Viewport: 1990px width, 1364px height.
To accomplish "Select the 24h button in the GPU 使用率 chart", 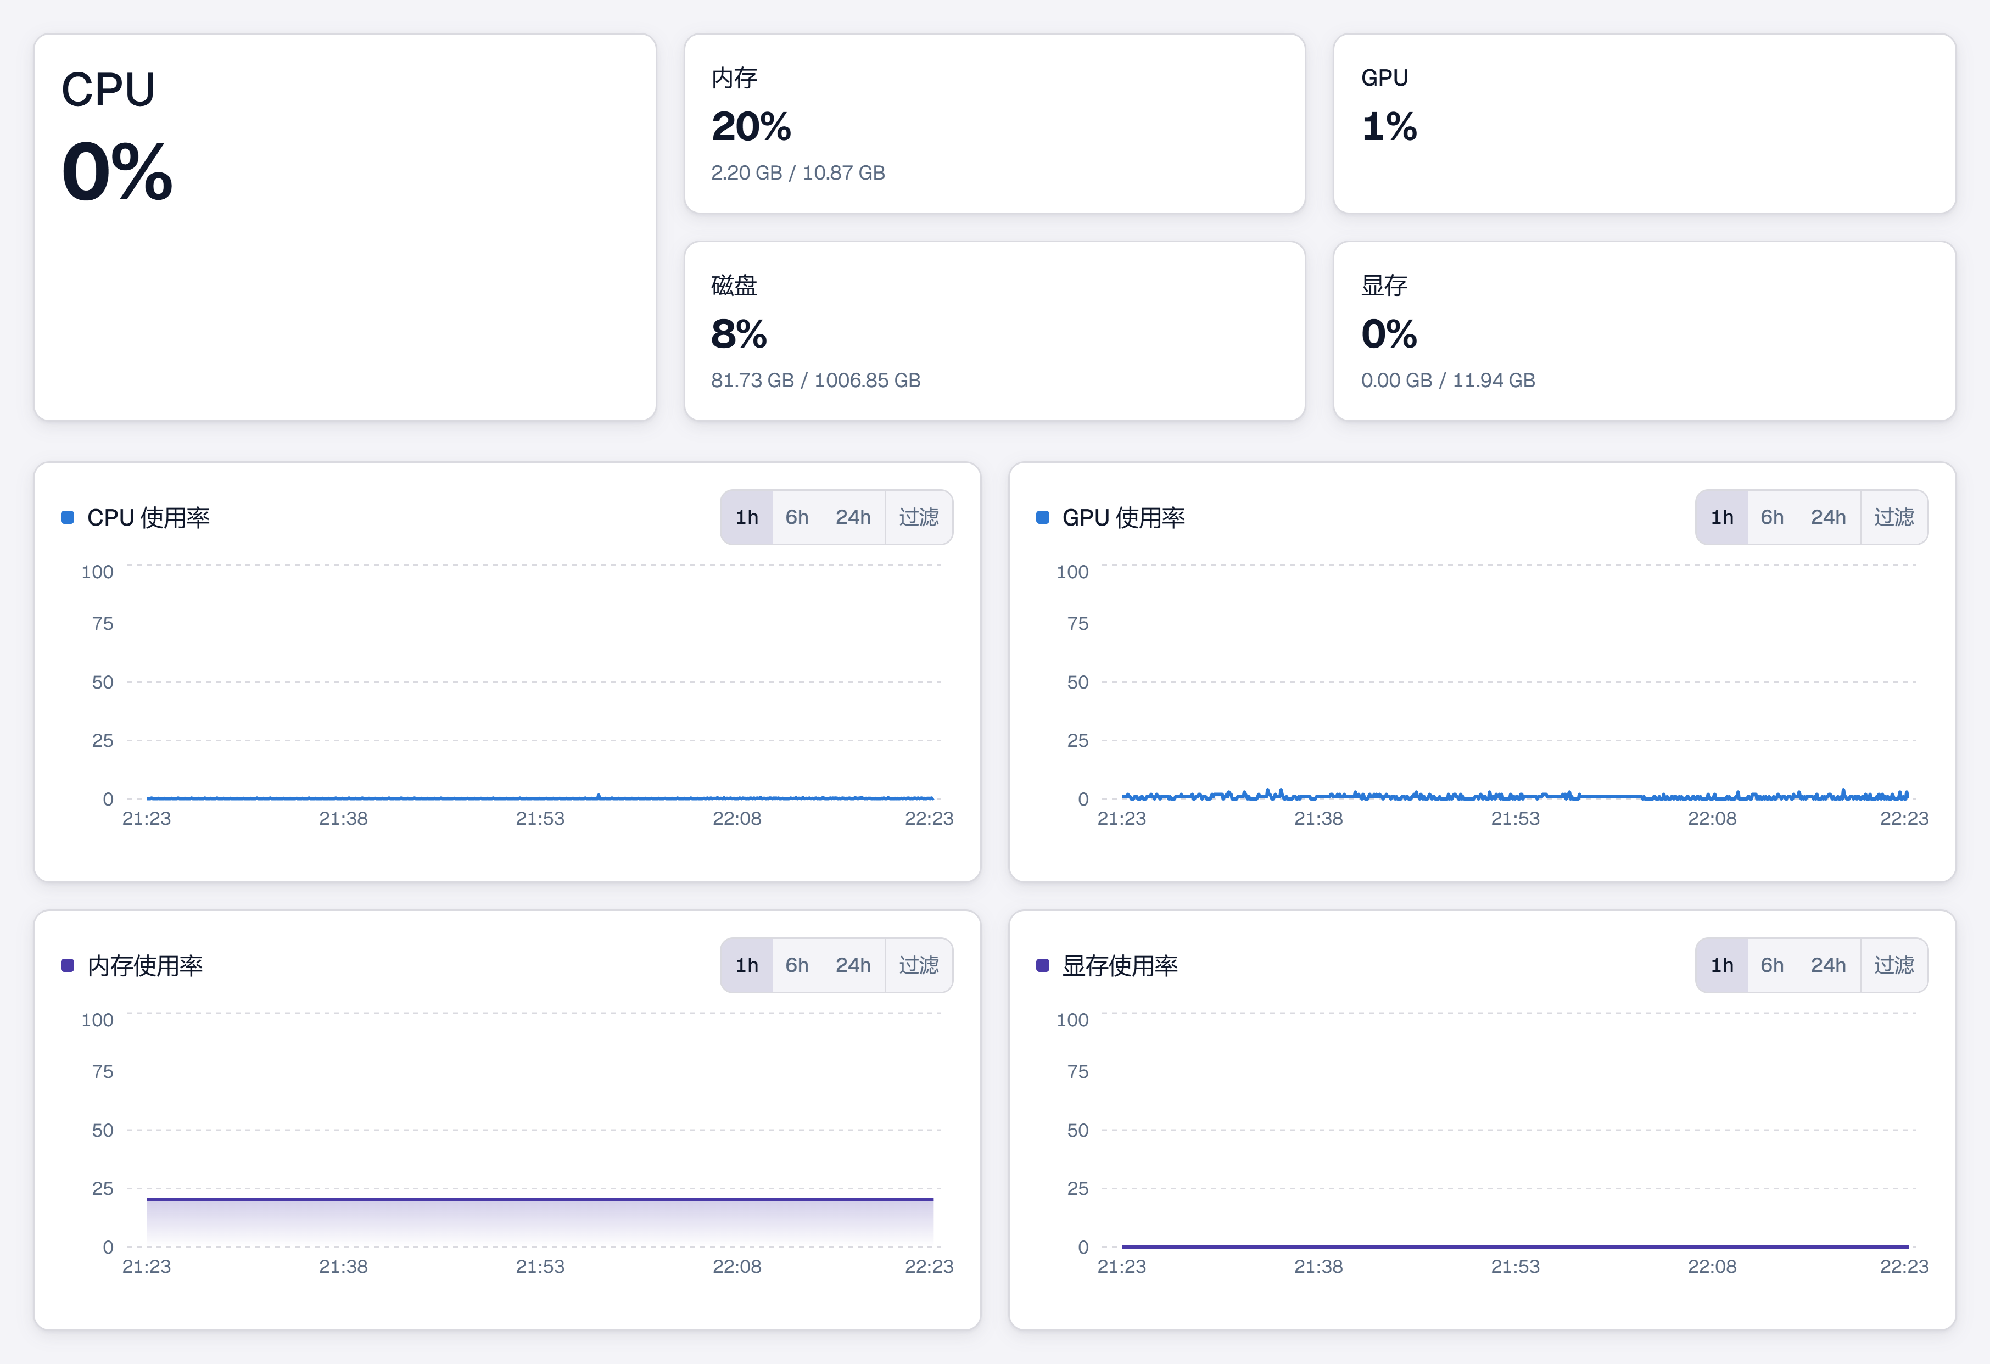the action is (1827, 517).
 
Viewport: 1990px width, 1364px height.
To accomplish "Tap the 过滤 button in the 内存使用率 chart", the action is (919, 965).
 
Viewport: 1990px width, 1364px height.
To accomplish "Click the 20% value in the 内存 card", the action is (751, 127).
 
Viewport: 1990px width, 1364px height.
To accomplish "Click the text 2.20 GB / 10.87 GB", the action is (798, 173).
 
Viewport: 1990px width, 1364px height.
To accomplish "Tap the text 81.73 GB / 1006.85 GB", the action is (815, 380).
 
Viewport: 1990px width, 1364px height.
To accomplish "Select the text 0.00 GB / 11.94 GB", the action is (1448, 380).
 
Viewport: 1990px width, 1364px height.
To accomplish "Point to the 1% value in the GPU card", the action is (1389, 127).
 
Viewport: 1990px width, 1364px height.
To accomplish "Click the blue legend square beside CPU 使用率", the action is (68, 517).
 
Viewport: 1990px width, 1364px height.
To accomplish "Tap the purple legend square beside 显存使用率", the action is (1043, 965).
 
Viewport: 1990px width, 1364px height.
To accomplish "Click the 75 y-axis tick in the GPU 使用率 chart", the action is (1077, 623).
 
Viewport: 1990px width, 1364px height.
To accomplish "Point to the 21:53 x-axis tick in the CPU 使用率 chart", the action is (539, 819).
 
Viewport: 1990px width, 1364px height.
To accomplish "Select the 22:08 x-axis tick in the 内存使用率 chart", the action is (736, 1266).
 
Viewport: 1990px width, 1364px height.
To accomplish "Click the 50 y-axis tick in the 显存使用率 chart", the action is (1077, 1130).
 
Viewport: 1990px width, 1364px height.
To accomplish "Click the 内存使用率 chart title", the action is (145, 965).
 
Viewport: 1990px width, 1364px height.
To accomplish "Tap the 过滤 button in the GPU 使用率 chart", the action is (1894, 517).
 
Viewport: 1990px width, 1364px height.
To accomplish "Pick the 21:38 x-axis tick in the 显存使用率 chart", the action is (1318, 1266).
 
